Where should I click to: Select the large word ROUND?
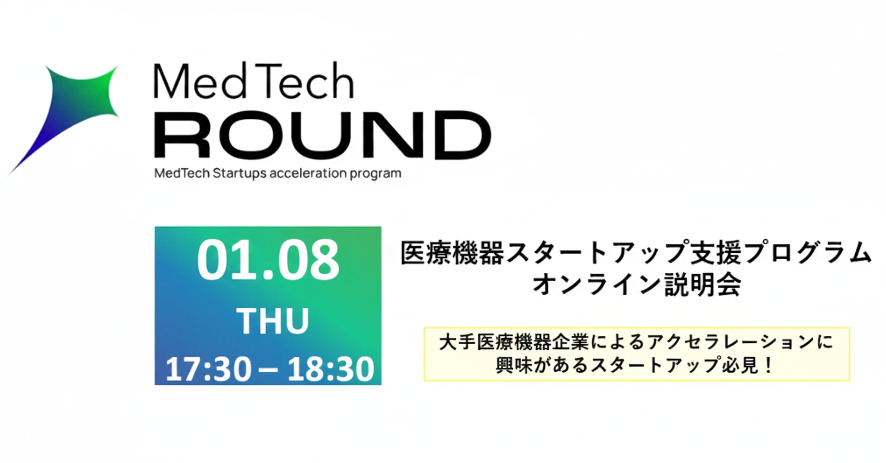tap(322, 135)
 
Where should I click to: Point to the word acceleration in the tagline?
tap(307, 174)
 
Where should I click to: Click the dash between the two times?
tap(267, 369)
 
